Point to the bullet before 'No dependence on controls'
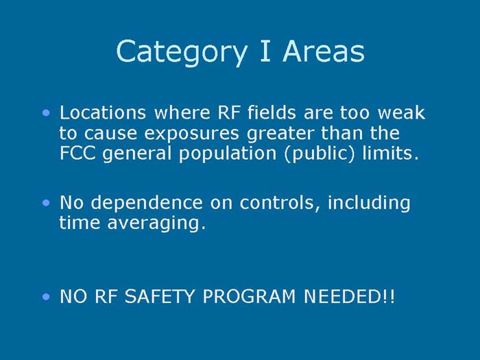45,202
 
